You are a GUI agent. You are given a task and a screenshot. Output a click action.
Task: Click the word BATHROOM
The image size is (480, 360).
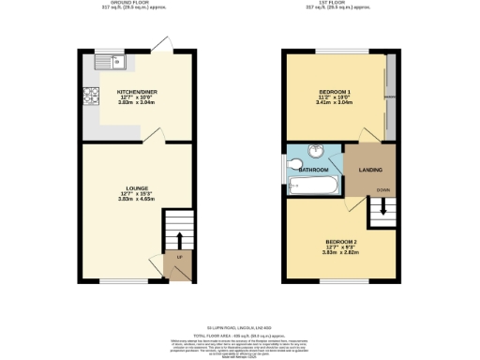click(313, 171)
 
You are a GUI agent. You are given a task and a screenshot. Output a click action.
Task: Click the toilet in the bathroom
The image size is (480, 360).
click(291, 169)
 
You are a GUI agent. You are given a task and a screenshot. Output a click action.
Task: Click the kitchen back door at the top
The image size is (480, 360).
click(162, 45)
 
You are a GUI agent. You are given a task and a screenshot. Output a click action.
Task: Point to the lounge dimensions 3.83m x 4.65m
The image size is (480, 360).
click(134, 199)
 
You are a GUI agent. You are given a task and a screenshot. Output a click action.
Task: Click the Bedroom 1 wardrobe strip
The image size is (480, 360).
click(390, 94)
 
